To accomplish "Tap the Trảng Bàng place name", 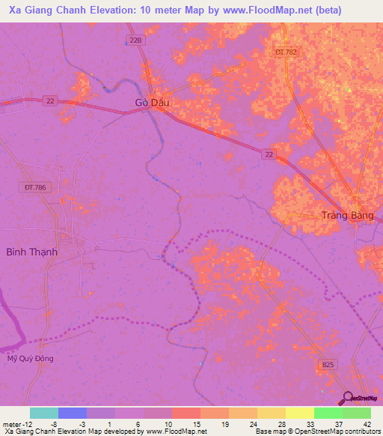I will coord(346,215).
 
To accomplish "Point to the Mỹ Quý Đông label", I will coord(31,358).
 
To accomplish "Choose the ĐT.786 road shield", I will coord(36,187).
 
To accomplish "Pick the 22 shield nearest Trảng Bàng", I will coord(269,154).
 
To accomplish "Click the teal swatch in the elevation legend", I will coord(43,413).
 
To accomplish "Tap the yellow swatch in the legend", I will coord(271,413).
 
